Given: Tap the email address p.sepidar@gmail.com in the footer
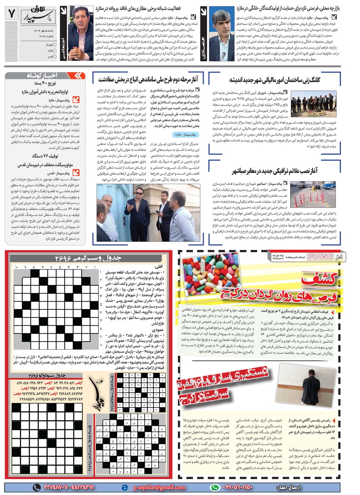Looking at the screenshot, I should coord(159,487).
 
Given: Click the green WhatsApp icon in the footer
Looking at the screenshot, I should coord(215,487).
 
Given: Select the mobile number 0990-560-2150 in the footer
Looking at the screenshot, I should coord(239,487).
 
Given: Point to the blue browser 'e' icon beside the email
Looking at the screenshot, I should coord(125,487).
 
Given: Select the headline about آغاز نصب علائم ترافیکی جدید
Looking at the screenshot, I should coord(275,170).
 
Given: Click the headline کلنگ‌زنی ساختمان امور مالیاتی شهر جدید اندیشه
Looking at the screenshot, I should coord(275,80).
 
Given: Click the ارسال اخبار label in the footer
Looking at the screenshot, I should coord(288,487).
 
